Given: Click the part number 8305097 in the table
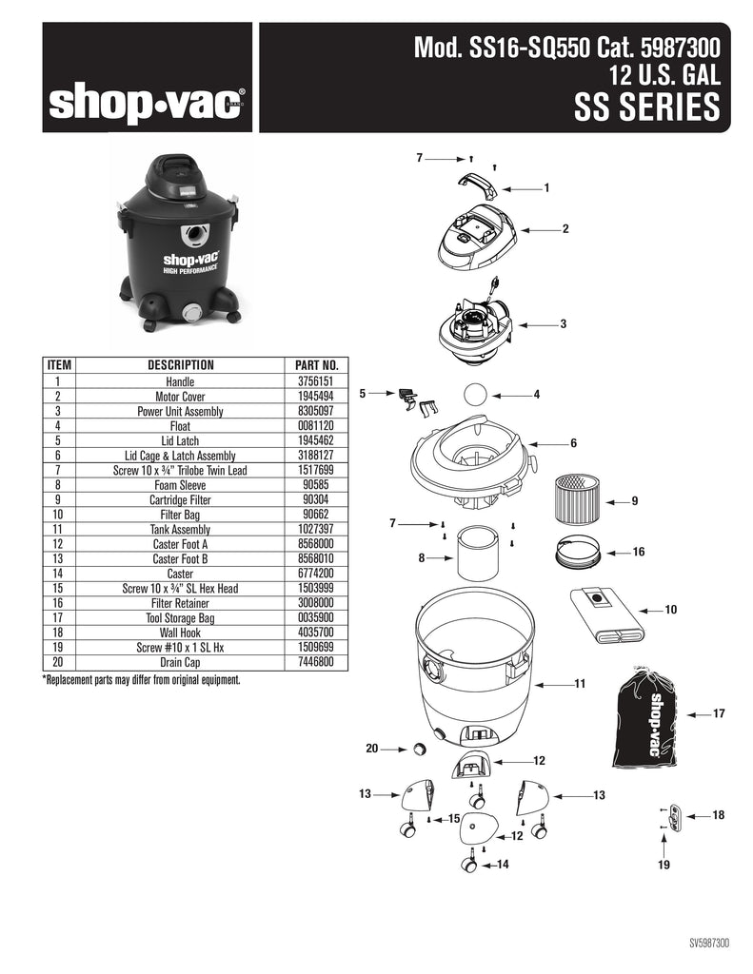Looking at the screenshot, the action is tap(317, 411).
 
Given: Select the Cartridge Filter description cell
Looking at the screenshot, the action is tap(180, 500).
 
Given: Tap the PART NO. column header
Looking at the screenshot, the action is tap(316, 365).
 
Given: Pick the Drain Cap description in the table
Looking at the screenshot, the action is tap(180, 662).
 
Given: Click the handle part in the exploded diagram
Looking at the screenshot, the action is tap(478, 185).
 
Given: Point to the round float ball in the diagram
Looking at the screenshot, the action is tap(476, 395).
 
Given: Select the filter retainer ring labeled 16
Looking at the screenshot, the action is tap(578, 552).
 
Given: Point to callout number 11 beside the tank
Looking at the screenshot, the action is tap(580, 684).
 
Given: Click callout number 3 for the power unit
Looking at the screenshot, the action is tap(564, 323).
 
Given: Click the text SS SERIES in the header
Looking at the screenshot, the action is tap(646, 107).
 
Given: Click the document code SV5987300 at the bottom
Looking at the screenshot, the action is tap(709, 943).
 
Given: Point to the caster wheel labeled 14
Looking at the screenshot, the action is tap(469, 862).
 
